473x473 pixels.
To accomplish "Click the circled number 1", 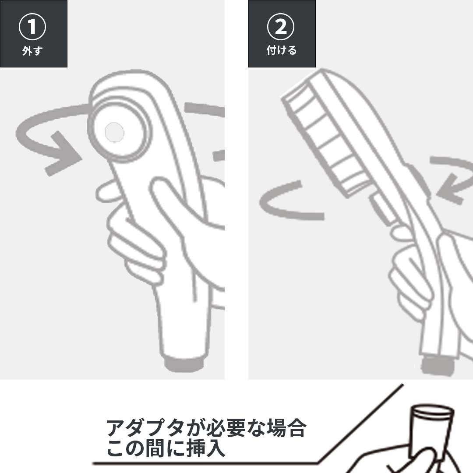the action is (x=32, y=27).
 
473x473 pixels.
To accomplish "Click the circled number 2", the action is (x=281, y=27).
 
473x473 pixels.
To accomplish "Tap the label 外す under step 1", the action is (x=32, y=51).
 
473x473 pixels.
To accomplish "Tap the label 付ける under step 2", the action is (x=282, y=50).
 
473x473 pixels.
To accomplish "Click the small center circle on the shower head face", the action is (x=114, y=132).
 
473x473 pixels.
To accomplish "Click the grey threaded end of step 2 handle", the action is (x=438, y=365).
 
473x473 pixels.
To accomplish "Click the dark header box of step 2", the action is (x=282, y=33).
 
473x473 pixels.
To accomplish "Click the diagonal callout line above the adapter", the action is (x=360, y=424).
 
